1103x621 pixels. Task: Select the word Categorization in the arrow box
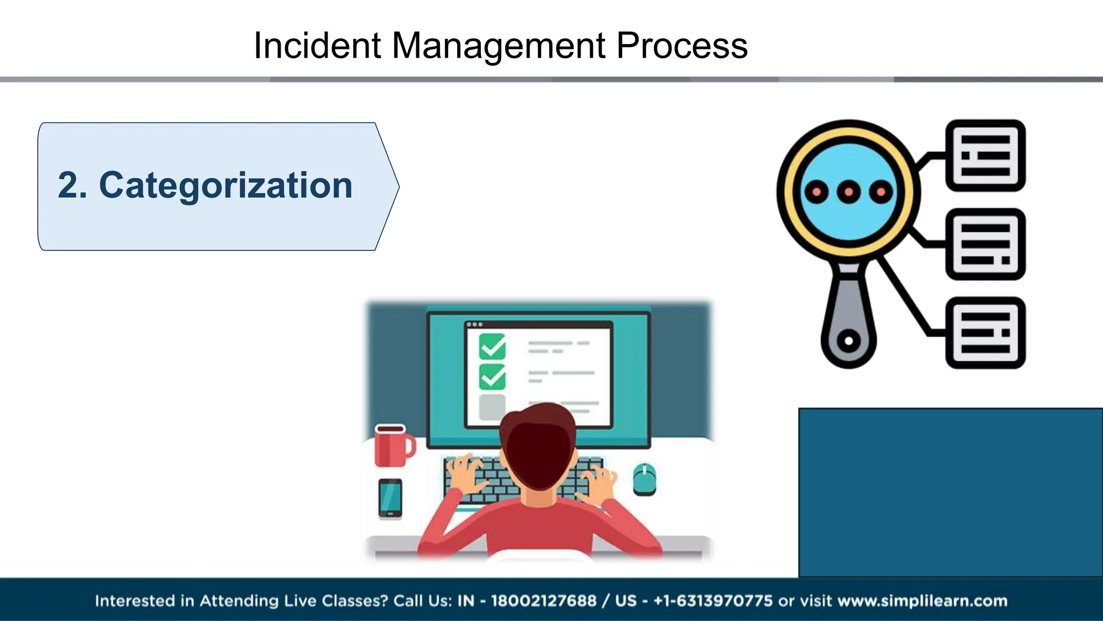(226, 185)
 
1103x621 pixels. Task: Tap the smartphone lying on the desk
(390, 498)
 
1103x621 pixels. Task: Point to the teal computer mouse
(644, 479)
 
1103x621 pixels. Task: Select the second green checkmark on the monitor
(492, 377)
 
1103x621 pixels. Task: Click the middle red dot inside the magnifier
(848, 192)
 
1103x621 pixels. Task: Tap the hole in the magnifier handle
(848, 341)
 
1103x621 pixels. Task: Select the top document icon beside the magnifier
(985, 155)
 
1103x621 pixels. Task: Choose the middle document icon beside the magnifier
(985, 244)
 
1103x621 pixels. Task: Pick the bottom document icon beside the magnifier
(985, 333)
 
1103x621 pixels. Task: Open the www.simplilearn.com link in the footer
(922, 601)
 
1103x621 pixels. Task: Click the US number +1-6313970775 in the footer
(713, 601)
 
